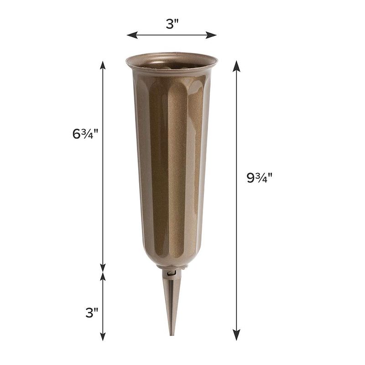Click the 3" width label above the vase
pos(172,24)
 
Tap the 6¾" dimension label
pos(85,134)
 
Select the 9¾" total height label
pos(259,178)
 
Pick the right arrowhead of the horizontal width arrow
pos(211,35)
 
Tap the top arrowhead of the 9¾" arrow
pos(236,66)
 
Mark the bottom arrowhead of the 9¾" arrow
pos(236,335)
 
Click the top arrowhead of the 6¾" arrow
pos(103,65)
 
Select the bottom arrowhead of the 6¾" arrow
pos(103,267)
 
